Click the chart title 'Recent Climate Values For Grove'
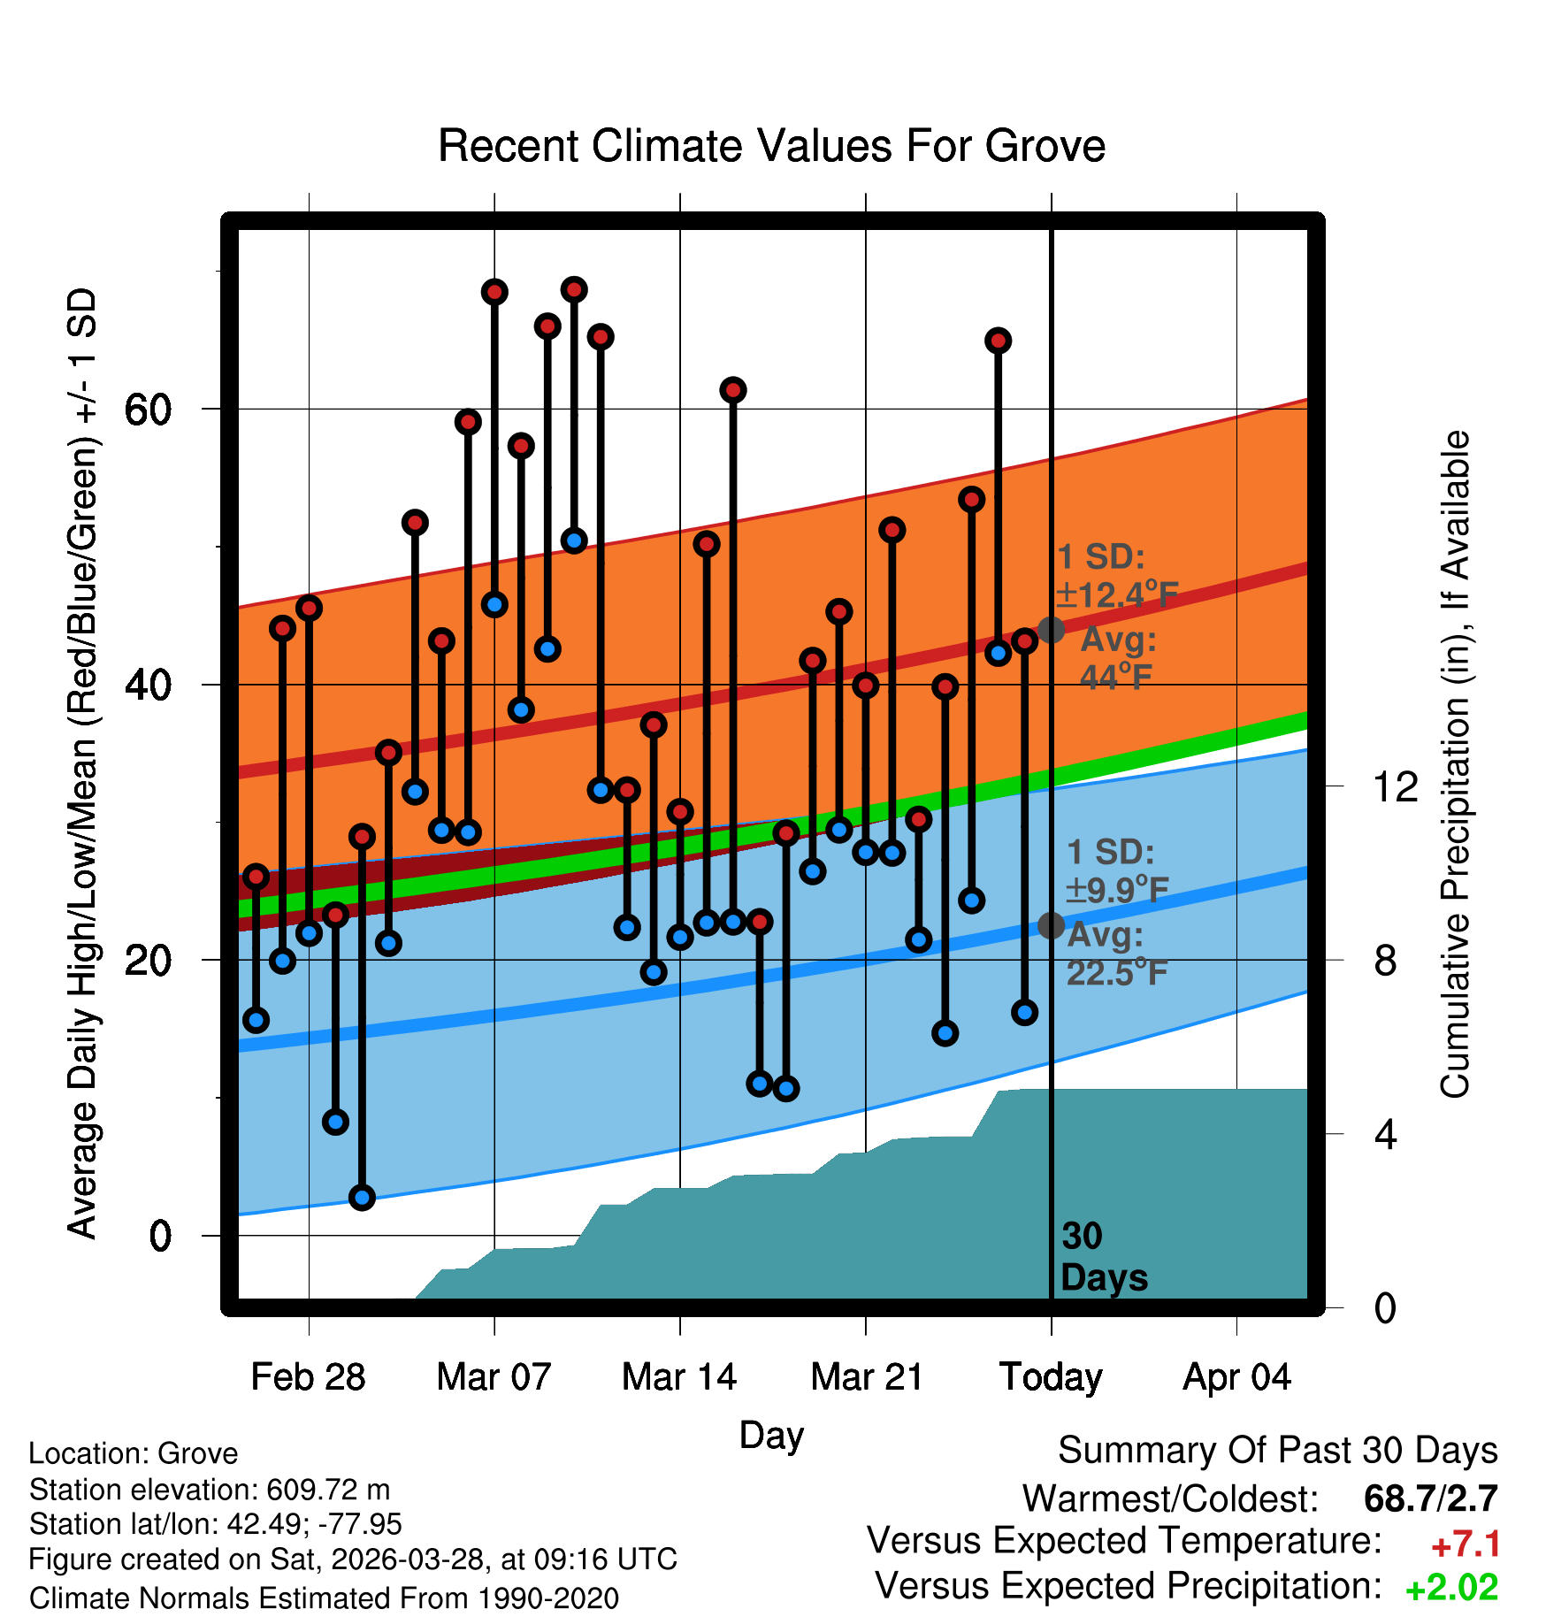771,146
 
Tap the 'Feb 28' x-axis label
308,1376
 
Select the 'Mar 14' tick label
679,1376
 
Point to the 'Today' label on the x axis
1051,1378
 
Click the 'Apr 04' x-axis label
1236,1378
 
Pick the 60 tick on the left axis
148,410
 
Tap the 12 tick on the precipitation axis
1395,786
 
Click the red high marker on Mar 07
494,292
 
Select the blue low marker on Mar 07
494,605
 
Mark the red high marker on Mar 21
866,685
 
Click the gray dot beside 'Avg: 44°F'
1051,630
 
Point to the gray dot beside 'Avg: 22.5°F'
1051,925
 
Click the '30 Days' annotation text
1104,1257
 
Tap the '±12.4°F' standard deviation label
1118,594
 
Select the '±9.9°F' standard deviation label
1117,889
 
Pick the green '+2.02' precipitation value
1451,1588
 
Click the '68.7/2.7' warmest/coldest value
1431,1498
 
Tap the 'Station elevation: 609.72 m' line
210,1490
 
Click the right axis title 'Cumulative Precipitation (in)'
1455,765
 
